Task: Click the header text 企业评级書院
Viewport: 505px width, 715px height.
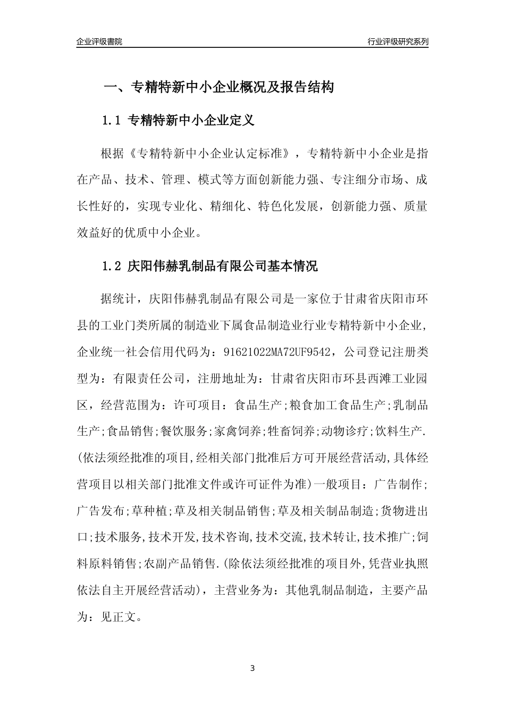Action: click(x=99, y=41)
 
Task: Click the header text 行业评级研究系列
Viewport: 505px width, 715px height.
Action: click(x=398, y=41)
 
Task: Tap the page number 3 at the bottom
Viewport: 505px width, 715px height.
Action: click(x=252, y=668)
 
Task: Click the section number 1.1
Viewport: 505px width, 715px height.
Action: click(x=112, y=121)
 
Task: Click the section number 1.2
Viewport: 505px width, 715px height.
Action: click(x=112, y=266)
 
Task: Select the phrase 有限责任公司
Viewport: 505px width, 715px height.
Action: click(x=148, y=378)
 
